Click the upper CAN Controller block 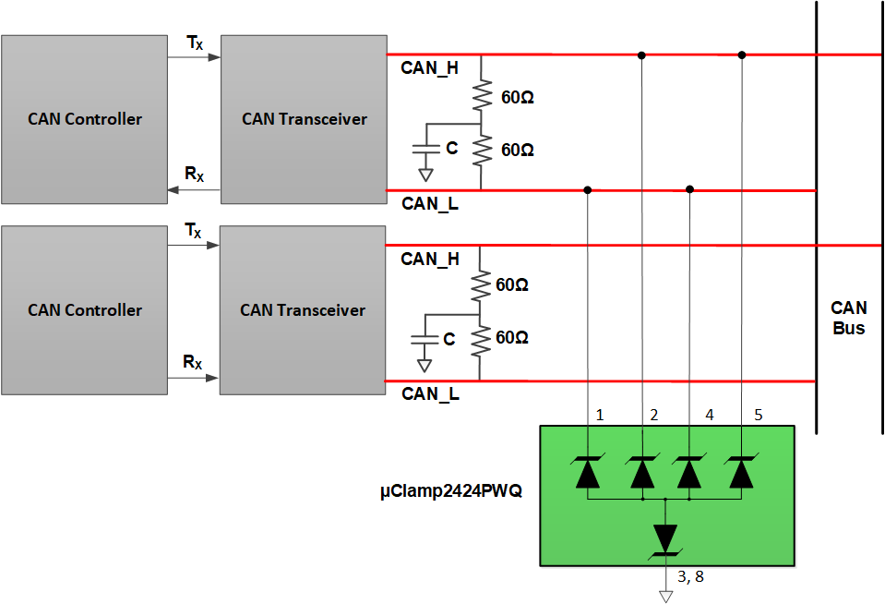pos(84,119)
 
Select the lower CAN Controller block pos(84,310)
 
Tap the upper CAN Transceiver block pos(304,119)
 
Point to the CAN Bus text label pos(848,317)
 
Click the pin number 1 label pos(600,416)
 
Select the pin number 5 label pos(758,416)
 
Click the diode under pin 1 pos(588,472)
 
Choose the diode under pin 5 pos(741,472)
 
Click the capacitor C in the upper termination pos(425,149)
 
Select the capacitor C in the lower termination pos(424,340)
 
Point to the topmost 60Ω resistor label pos(518,97)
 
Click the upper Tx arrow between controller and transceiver pos(194,57)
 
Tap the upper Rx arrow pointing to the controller pos(194,190)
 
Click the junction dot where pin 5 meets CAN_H pos(741,54)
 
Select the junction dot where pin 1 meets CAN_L pos(588,190)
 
